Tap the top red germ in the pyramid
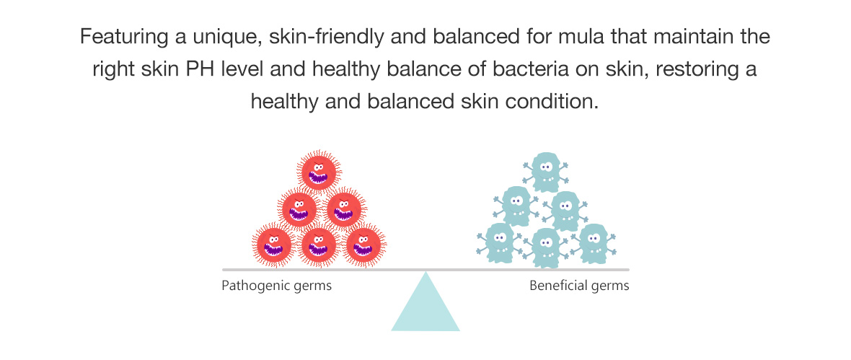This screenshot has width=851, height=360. (319, 172)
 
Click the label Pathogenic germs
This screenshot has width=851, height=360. (276, 285)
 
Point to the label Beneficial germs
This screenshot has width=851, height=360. (579, 285)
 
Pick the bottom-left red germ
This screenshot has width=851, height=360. (274, 245)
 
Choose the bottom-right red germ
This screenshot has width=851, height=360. (365, 245)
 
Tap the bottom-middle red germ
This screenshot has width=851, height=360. (319, 245)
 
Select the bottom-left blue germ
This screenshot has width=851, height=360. (499, 242)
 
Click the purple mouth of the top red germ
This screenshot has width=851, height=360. (319, 178)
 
